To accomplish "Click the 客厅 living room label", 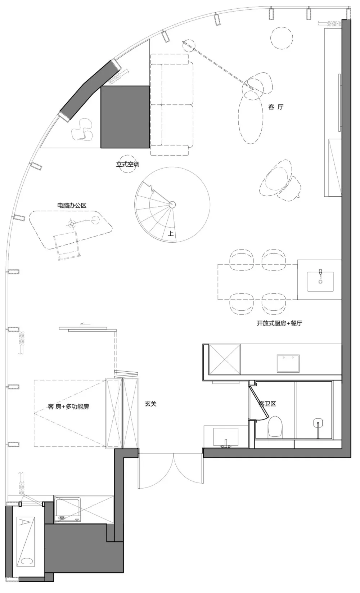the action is pos(276,107).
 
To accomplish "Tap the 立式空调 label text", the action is pos(127,165).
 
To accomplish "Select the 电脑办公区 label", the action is pos(72,206).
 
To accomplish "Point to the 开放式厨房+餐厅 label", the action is pos(279,323).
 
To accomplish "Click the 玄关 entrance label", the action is pos(150,404).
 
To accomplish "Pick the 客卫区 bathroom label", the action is pos(267,404).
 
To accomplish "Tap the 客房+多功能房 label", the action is pos(68,406).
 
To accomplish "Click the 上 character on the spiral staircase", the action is pos(171,234).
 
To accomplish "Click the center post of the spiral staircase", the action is pos(172,205).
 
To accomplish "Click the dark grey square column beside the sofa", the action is pos(125,117).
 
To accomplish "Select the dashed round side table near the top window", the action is pos(282,38).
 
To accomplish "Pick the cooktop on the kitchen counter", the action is pos(288,364).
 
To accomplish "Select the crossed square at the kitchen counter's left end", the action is pos(225,359).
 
